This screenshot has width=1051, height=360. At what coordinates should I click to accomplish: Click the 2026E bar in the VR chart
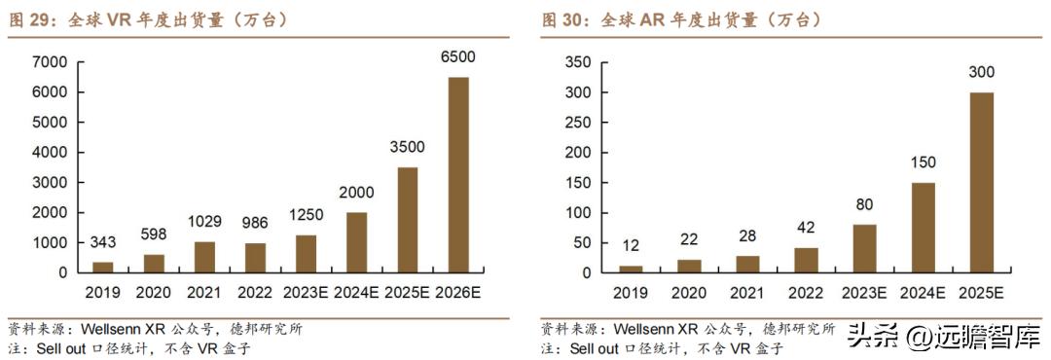pyautogui.click(x=457, y=175)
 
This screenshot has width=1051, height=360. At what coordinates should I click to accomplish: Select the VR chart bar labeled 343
pyautogui.click(x=102, y=267)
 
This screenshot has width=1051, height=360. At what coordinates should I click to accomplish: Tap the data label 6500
pyautogui.click(x=457, y=57)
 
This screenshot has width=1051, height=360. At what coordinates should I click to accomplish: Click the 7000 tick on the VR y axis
pyautogui.click(x=50, y=62)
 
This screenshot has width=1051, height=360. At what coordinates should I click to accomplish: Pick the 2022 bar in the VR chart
pyautogui.click(x=255, y=258)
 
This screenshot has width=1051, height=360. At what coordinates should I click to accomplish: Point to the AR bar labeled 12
pyautogui.click(x=630, y=269)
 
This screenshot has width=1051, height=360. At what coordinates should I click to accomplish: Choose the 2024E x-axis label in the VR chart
pyautogui.click(x=357, y=293)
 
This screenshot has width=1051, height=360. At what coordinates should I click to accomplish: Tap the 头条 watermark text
pyautogui.click(x=868, y=337)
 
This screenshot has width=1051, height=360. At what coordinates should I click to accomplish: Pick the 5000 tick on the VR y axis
pyautogui.click(x=50, y=123)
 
